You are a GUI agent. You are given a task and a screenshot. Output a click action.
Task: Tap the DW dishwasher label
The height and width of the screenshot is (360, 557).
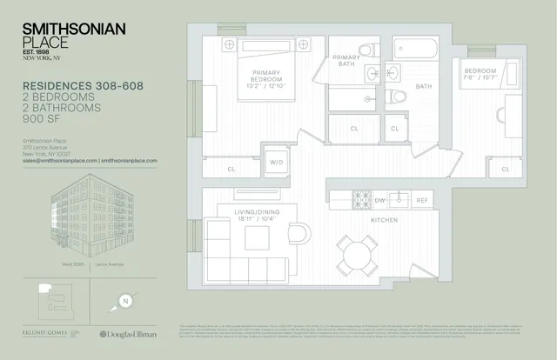379,200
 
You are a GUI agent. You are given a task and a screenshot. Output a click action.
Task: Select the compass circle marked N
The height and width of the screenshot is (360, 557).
125,302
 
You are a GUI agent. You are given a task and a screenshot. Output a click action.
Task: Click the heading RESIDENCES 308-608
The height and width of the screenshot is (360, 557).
79,86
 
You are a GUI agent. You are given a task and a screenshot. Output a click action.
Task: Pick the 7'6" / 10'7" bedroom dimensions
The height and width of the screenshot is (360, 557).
481,77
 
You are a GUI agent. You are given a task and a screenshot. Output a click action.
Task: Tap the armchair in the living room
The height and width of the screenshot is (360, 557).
297,235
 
